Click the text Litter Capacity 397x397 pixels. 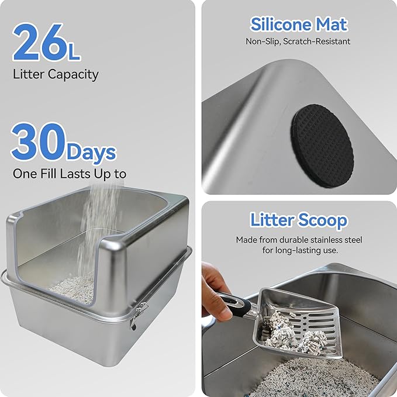coord(56,74)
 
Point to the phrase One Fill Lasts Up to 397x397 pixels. coord(69,174)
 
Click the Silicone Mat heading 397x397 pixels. coord(299,25)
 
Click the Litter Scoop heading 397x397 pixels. coord(299,220)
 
